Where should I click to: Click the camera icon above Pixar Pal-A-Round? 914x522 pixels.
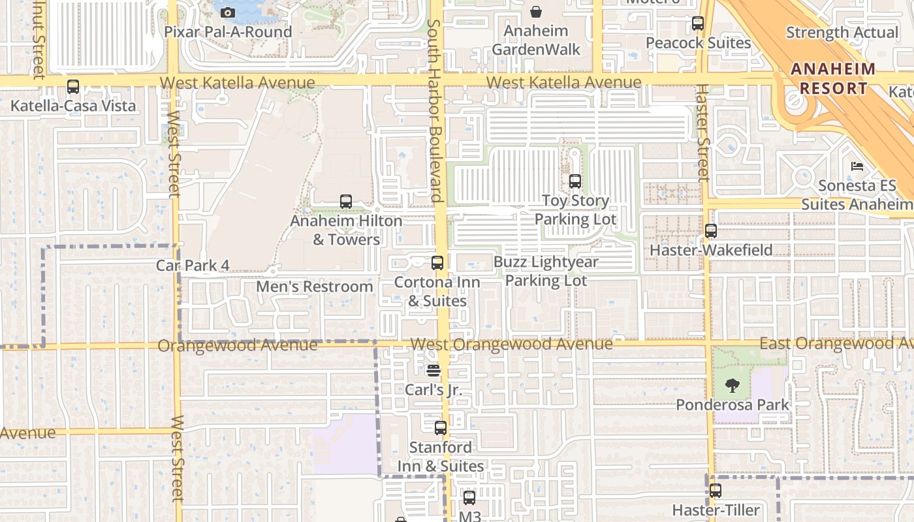pyautogui.click(x=228, y=12)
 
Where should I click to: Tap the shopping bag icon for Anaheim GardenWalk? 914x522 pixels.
pyautogui.click(x=536, y=12)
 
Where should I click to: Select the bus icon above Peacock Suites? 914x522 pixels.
pyautogui.click(x=698, y=23)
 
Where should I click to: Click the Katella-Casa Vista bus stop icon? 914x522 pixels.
pyautogui.click(x=73, y=87)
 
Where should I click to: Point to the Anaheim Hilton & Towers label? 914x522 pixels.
pyautogui.click(x=346, y=230)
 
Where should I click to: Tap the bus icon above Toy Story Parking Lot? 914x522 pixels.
pyautogui.click(x=575, y=181)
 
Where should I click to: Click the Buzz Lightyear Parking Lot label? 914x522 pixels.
pyautogui.click(x=546, y=271)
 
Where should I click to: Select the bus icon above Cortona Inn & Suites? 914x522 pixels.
pyautogui.click(x=437, y=263)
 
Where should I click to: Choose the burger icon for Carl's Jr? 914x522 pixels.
pyautogui.click(x=433, y=371)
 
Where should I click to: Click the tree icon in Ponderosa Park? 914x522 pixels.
pyautogui.click(x=733, y=386)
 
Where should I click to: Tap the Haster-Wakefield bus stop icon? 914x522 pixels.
pyautogui.click(x=711, y=231)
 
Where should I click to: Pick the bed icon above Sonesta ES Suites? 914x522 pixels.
pyautogui.click(x=857, y=166)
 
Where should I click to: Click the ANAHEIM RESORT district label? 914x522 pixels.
pyautogui.click(x=834, y=79)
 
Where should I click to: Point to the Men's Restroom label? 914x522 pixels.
pyautogui.click(x=315, y=286)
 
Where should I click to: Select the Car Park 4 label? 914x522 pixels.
pyautogui.click(x=193, y=266)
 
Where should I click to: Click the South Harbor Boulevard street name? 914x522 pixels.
pyautogui.click(x=435, y=111)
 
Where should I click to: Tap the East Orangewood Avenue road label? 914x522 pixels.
pyautogui.click(x=836, y=343)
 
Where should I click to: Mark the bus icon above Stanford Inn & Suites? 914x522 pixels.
pyautogui.click(x=441, y=428)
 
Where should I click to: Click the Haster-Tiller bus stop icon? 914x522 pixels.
pyautogui.click(x=716, y=491)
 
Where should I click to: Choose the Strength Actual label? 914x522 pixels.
pyautogui.click(x=842, y=33)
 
